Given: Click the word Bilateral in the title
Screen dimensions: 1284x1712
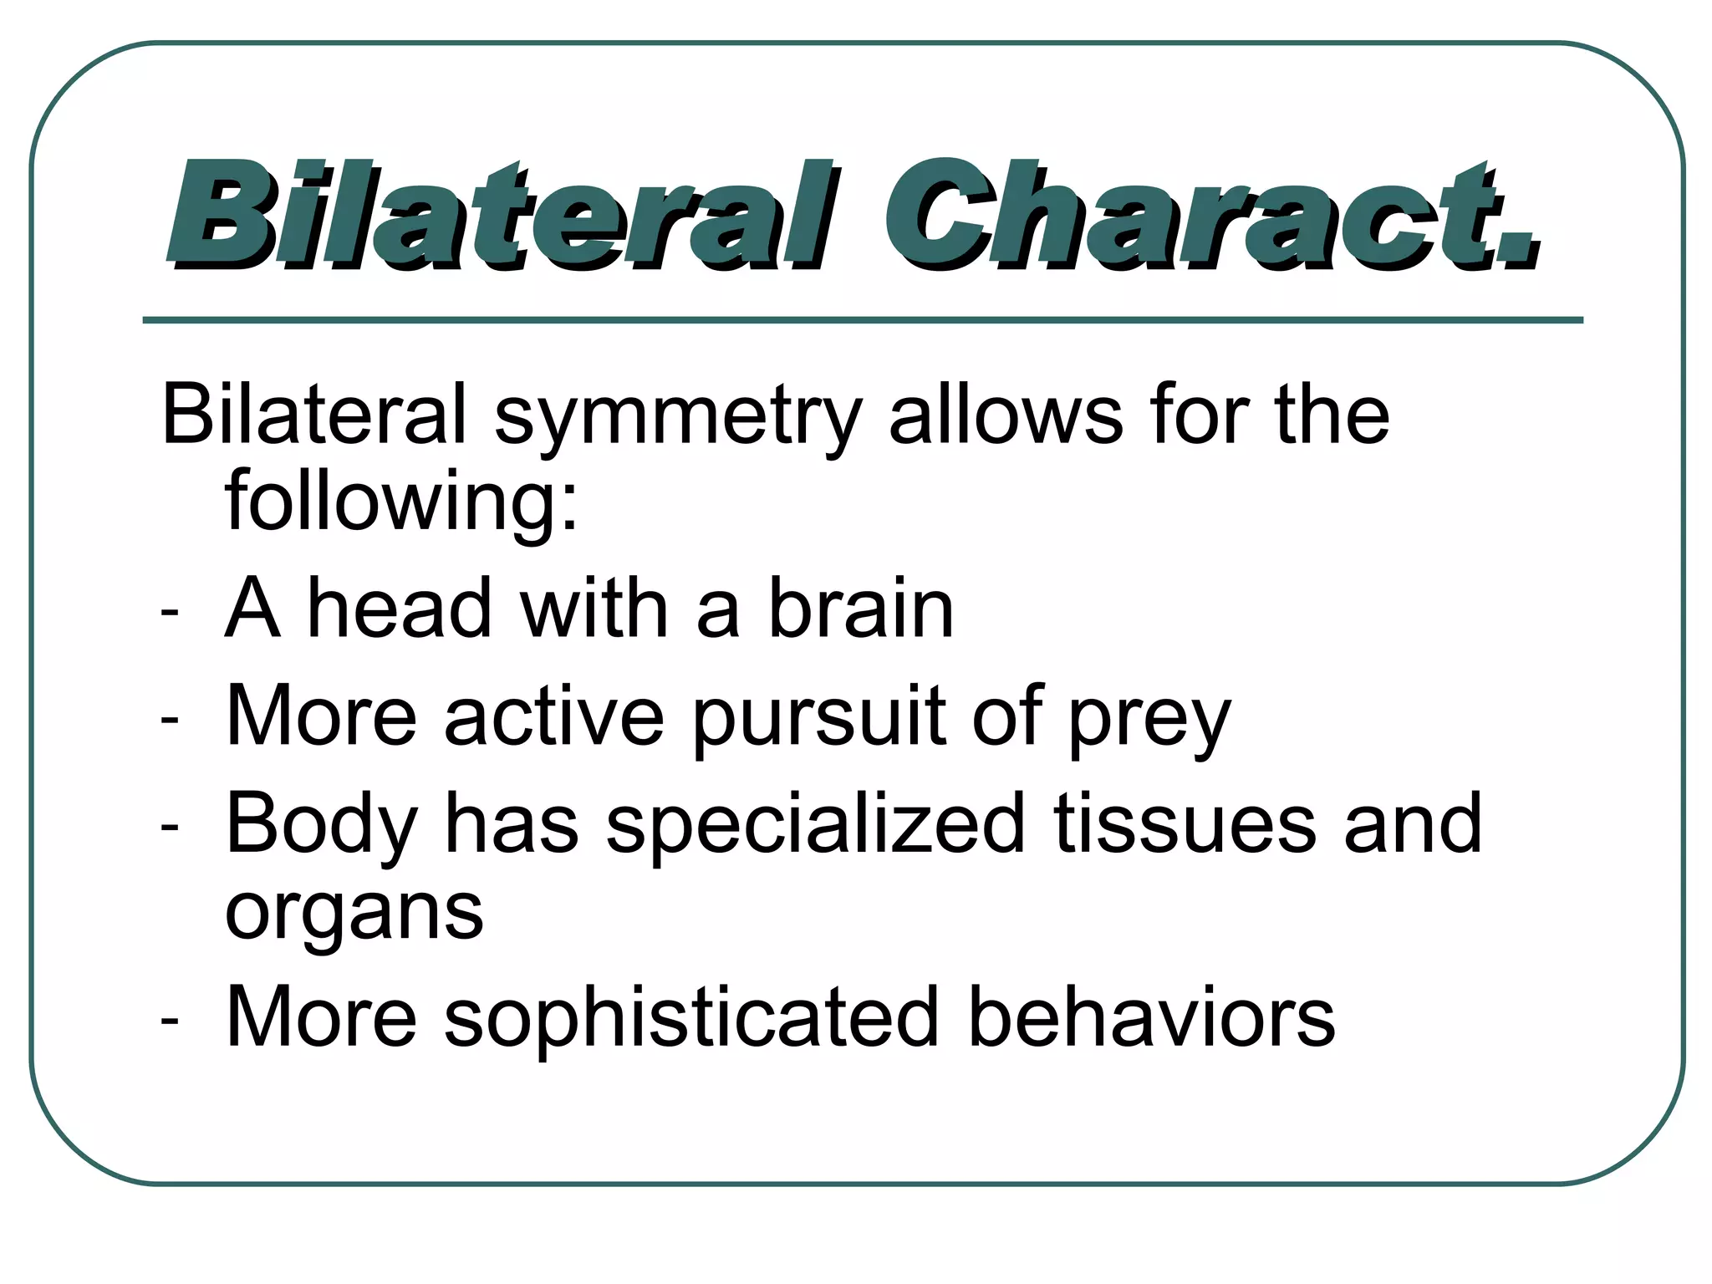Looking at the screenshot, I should pos(502,216).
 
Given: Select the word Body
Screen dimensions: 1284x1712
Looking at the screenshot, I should pos(322,826).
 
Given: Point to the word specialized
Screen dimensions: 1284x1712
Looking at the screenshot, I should pos(815,826).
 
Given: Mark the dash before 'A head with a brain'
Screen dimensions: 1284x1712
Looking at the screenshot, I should pos(170,613).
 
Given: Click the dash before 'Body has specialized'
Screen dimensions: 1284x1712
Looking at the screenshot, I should pos(170,827).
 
